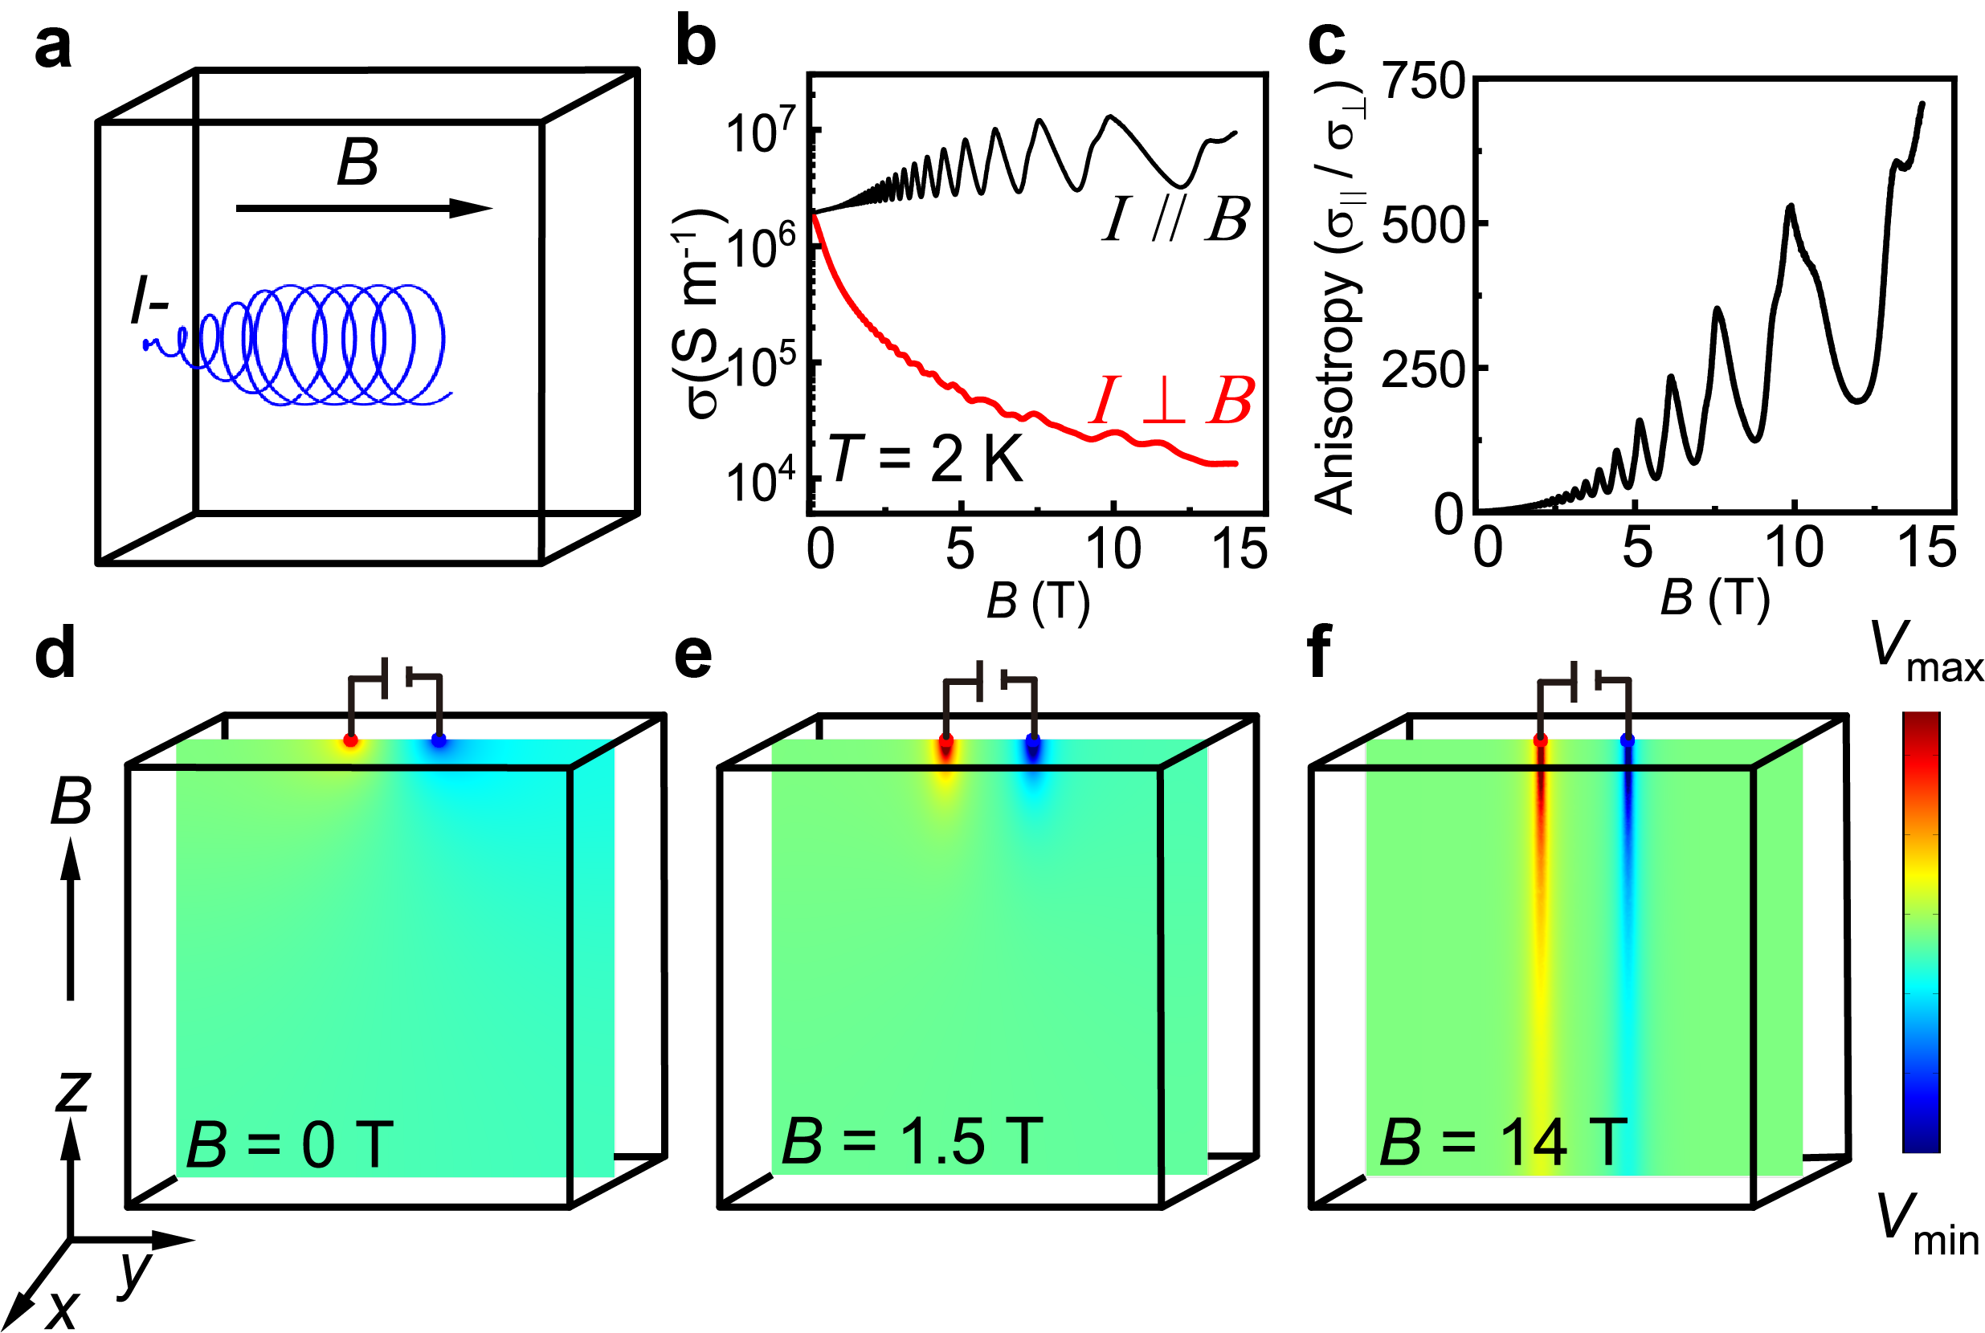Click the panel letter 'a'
53,47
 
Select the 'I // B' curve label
1175,219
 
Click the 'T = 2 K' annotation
925,460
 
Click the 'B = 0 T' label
289,1144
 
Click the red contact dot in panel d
350,740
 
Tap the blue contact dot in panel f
1627,740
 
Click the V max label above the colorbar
1926,654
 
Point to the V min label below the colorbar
1927,1224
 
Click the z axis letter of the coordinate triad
73,1090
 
